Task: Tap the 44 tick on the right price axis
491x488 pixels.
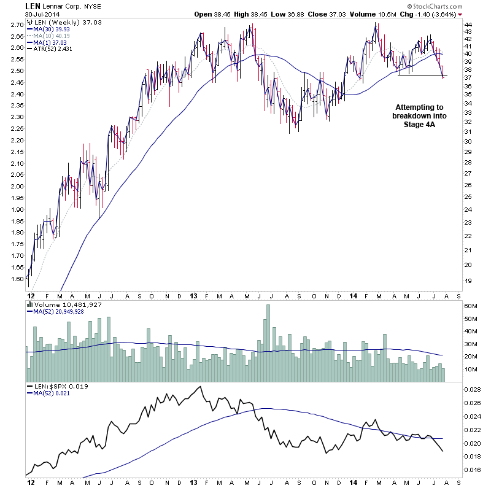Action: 468,24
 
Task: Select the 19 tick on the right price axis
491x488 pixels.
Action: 468,281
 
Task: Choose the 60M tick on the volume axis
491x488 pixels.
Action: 471,306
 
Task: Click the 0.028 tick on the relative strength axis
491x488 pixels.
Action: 473,390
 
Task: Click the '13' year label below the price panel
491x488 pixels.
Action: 192,295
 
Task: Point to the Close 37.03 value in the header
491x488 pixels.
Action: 338,14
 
